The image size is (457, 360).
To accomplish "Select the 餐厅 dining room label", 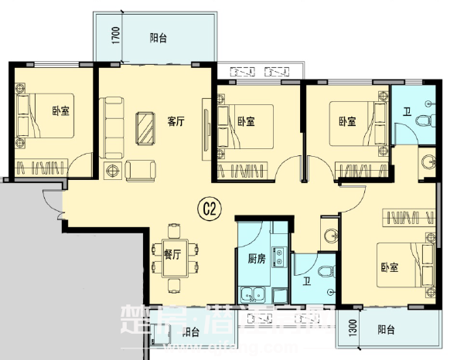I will pyautogui.click(x=172, y=253).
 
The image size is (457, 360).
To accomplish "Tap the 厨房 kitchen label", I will pyautogui.click(x=257, y=259).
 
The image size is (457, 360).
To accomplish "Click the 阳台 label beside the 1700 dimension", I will pyautogui.click(x=159, y=36).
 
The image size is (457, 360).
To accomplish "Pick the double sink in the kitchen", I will pyautogui.click(x=252, y=294).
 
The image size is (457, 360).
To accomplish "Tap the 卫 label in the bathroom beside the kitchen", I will pyautogui.click(x=307, y=282).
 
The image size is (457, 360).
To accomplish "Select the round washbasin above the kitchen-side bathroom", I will pyautogui.click(x=331, y=236).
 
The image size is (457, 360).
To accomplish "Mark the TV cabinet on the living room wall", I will pyautogui.click(x=206, y=127).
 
